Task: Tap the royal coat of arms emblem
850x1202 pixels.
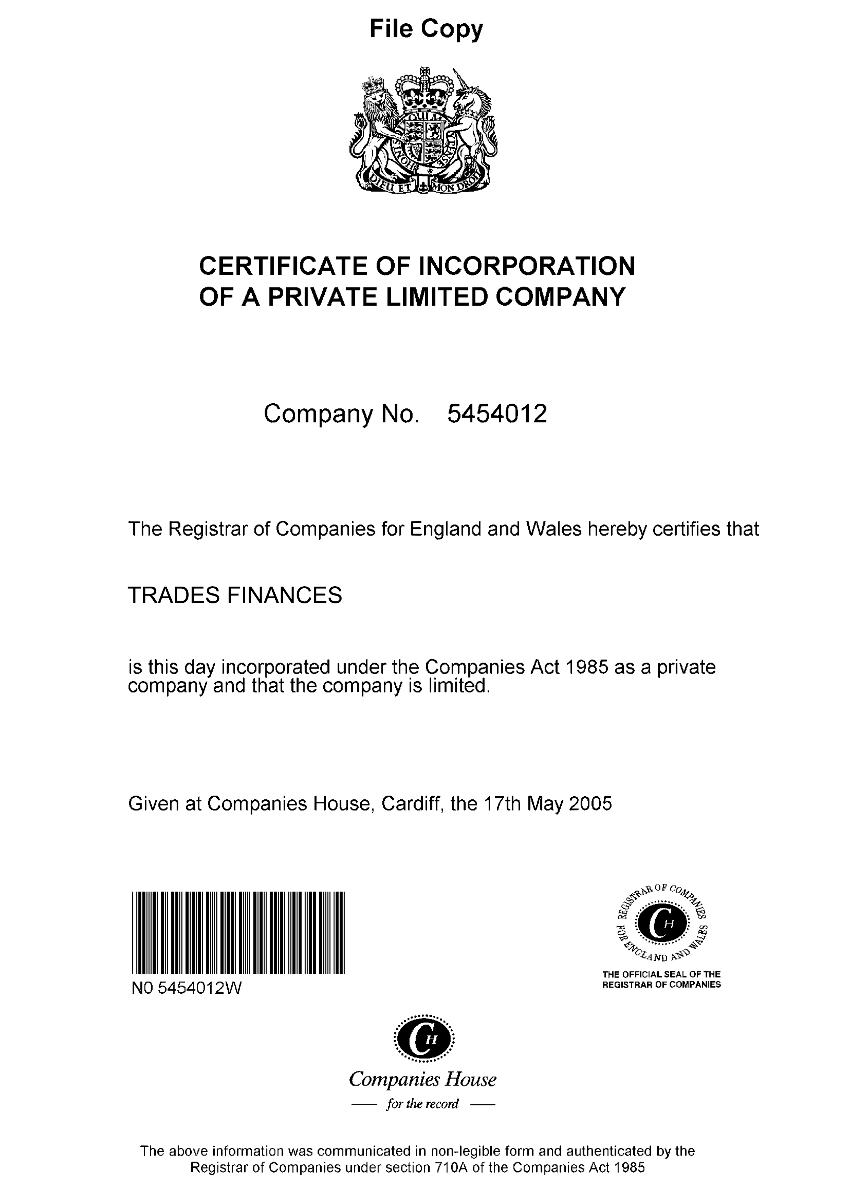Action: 423,131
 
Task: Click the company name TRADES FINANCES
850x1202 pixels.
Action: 235,595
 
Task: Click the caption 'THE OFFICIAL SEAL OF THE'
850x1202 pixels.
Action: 661,974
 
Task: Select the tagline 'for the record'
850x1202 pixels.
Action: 422,1104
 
